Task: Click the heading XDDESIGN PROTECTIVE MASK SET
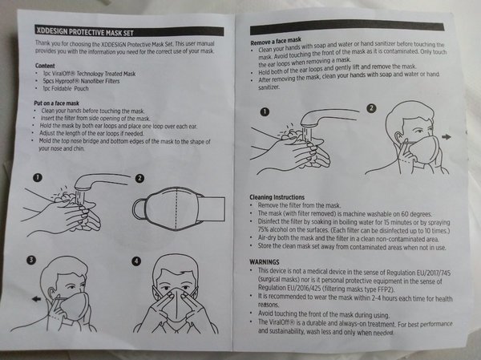pyautogui.click(x=85, y=31)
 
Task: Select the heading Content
pyautogui.click(x=45, y=66)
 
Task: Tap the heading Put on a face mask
pyautogui.click(x=56, y=103)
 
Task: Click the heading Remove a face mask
pyautogui.click(x=276, y=41)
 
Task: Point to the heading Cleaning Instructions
pyautogui.click(x=277, y=197)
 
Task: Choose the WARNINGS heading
pyautogui.click(x=265, y=262)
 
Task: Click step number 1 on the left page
pyautogui.click(x=38, y=177)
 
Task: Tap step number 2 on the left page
pyautogui.click(x=139, y=178)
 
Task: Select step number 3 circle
pyautogui.click(x=31, y=261)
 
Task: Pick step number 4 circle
pyautogui.click(x=136, y=261)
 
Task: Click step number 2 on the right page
pyautogui.click(x=371, y=108)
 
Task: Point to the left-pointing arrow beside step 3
pyautogui.click(x=37, y=299)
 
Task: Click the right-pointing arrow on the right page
pyautogui.click(x=447, y=137)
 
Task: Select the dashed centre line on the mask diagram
pyautogui.click(x=176, y=208)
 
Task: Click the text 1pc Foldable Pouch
pyautogui.click(x=66, y=89)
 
